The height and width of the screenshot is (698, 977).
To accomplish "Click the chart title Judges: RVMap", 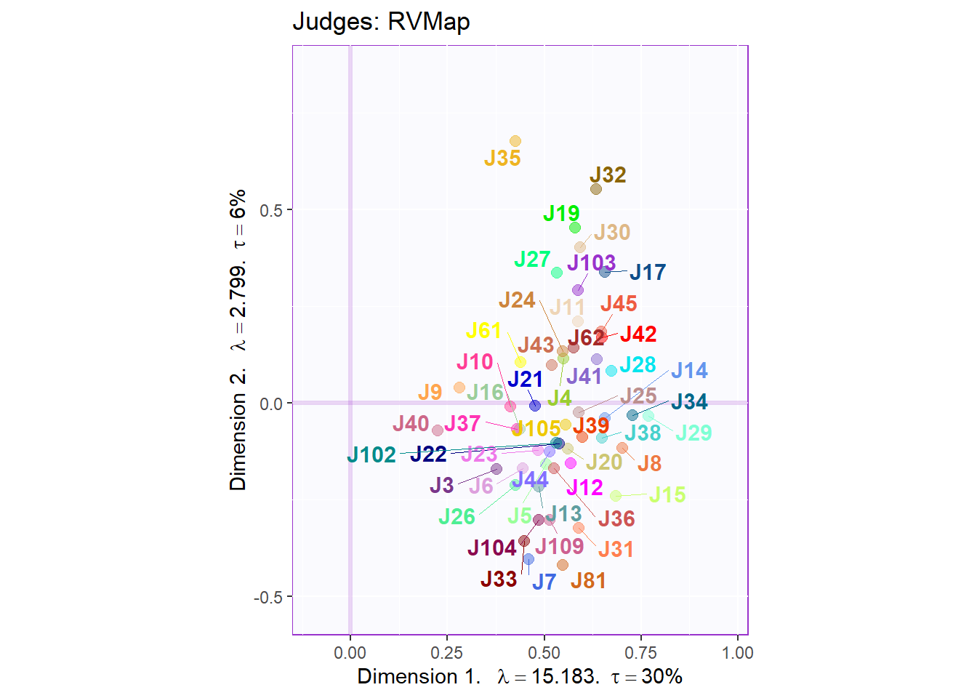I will (x=381, y=22).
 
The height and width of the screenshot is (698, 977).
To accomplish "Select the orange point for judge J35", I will (x=515, y=141).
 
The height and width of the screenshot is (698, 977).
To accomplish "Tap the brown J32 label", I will (x=608, y=175).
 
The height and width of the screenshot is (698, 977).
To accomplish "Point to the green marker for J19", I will (x=575, y=228).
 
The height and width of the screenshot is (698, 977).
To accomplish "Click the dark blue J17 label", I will (x=648, y=273).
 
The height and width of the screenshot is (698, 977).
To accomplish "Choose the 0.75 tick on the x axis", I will (x=640, y=653).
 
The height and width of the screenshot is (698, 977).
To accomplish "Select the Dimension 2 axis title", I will (x=238, y=340).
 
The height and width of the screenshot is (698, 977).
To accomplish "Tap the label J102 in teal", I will (x=371, y=455).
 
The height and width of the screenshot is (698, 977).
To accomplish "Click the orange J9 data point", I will (x=459, y=388).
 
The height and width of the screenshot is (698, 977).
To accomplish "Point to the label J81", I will (x=588, y=581).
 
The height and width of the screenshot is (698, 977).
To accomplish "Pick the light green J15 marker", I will (x=616, y=496).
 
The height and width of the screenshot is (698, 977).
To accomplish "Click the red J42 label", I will (x=638, y=334).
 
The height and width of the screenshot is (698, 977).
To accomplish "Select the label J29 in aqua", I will (x=693, y=433).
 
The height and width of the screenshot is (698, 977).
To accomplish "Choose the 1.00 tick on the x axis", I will (x=738, y=653).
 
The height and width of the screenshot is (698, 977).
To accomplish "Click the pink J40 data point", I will (x=438, y=430).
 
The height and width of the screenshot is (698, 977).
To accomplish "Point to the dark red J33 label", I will (x=499, y=579).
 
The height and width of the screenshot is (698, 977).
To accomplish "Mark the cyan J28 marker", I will (x=611, y=371).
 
